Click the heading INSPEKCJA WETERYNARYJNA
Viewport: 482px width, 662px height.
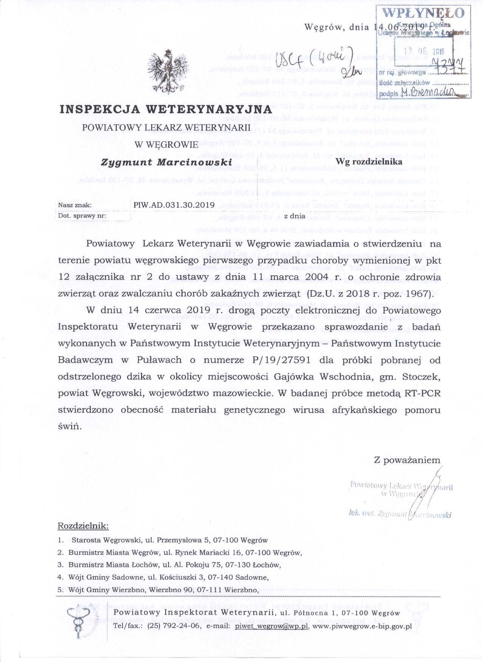(166, 109)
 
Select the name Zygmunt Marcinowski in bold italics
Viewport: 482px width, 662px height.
(166, 162)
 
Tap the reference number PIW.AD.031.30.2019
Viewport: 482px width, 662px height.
(174, 205)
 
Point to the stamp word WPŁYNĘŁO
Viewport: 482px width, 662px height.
(424, 13)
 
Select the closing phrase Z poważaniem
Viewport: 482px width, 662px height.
(407, 460)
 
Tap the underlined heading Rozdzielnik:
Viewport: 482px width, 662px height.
(83, 526)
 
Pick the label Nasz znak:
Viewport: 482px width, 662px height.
(74, 205)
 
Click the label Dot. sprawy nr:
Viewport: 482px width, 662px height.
(81, 216)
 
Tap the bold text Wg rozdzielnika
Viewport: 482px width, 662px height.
(371, 162)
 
